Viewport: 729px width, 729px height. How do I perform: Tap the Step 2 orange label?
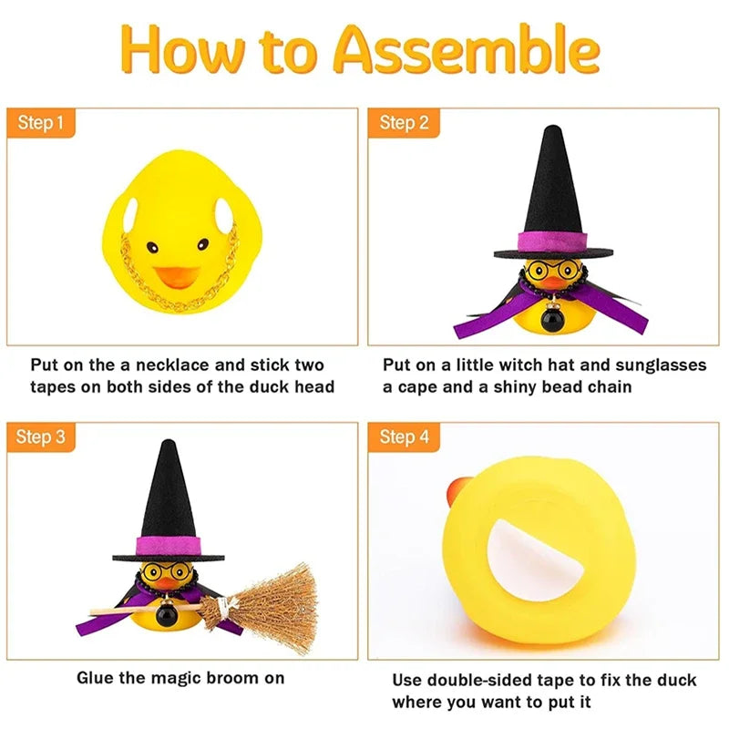tap(403, 122)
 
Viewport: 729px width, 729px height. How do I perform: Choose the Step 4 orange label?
tap(403, 436)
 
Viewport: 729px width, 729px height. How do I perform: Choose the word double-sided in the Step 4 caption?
tap(479, 680)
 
